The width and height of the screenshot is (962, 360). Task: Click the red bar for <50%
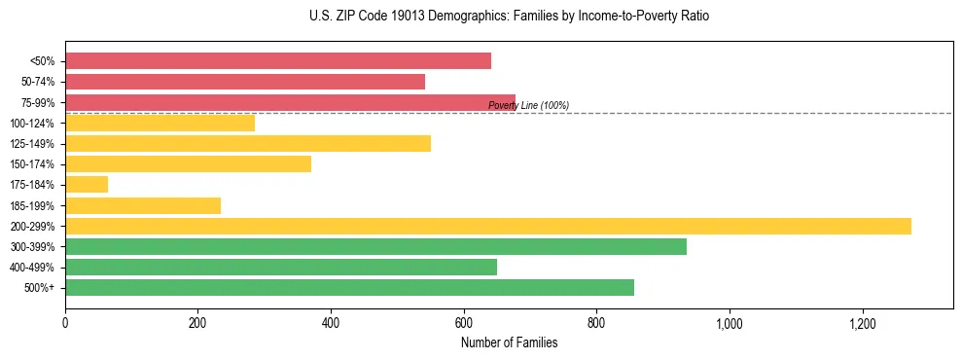(278, 61)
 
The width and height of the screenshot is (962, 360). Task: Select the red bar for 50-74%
(245, 82)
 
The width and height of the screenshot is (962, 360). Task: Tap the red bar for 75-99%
(290, 102)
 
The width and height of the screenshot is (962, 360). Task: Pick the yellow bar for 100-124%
(160, 123)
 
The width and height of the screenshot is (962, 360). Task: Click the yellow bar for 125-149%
(248, 144)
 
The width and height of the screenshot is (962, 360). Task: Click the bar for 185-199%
(143, 205)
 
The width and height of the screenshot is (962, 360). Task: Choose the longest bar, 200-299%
(488, 226)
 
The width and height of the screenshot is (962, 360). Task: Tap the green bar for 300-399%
(375, 246)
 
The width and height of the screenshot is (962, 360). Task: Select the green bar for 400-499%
(281, 267)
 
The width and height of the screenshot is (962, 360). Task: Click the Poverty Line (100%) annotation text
(528, 105)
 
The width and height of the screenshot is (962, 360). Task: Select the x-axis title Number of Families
(509, 342)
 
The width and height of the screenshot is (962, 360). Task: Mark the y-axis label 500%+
(40, 288)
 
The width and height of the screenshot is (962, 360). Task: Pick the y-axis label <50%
(43, 61)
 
